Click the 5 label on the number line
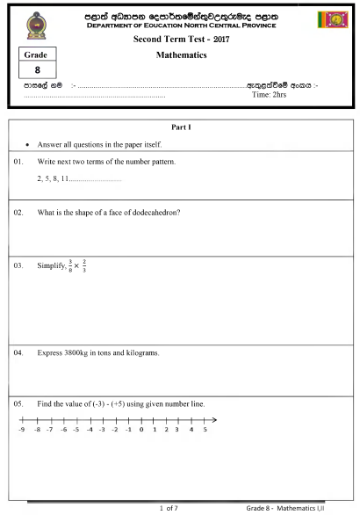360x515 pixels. click(205, 432)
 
